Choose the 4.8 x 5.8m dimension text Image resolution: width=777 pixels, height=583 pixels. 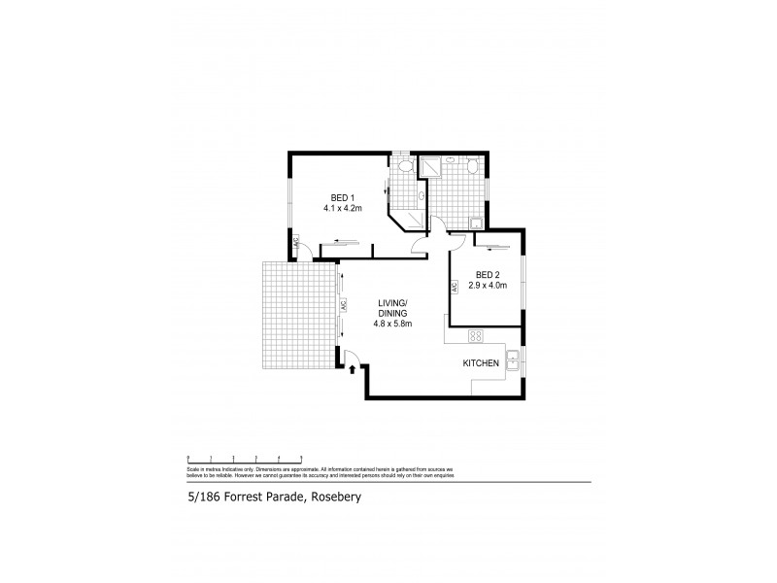(x=393, y=325)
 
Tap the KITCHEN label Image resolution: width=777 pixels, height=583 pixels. (x=481, y=362)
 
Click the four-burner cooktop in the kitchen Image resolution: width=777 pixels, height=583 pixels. (x=476, y=336)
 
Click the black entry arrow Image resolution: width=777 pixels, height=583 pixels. (x=351, y=369)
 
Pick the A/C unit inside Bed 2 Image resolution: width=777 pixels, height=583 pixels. (x=453, y=288)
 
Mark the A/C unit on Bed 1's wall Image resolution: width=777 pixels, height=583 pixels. (x=297, y=245)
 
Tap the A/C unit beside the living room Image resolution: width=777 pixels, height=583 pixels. (x=344, y=305)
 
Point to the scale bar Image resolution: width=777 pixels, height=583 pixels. (x=245, y=457)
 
